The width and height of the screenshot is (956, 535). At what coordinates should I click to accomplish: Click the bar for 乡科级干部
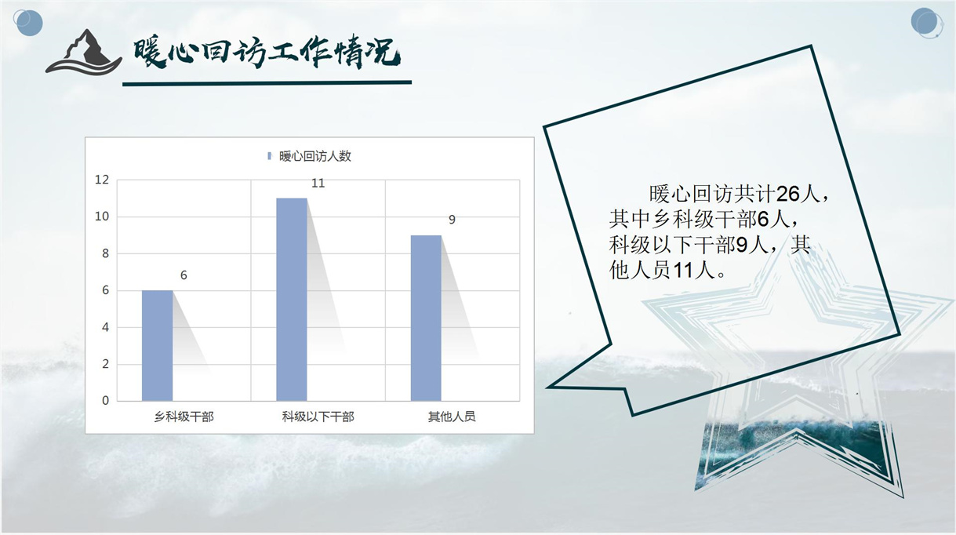(x=157, y=345)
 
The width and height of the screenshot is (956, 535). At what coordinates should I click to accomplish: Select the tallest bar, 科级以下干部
(x=292, y=300)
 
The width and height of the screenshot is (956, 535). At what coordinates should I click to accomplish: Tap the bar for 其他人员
(x=426, y=318)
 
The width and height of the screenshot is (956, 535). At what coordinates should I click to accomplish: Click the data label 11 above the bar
(x=318, y=184)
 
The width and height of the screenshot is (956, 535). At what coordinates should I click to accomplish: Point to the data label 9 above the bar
(x=452, y=220)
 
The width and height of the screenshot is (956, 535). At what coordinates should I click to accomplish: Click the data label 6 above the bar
(x=184, y=275)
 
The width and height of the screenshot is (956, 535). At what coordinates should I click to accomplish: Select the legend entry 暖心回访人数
(x=310, y=156)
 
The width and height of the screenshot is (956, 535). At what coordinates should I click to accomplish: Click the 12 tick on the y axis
(x=102, y=180)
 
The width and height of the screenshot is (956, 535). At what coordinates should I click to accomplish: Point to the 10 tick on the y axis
(x=102, y=217)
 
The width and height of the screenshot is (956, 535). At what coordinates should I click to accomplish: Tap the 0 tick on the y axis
(x=105, y=401)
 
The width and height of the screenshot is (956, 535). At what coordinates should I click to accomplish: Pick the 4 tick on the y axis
(x=105, y=327)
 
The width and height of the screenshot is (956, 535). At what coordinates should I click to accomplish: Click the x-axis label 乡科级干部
(x=184, y=417)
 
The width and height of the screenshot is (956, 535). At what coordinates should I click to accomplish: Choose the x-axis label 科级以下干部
(x=318, y=417)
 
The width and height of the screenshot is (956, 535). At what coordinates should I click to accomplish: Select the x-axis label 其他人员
(x=452, y=417)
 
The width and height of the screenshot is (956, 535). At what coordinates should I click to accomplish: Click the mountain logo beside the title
(x=84, y=52)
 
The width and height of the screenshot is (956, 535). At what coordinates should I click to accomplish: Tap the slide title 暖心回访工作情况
(x=267, y=53)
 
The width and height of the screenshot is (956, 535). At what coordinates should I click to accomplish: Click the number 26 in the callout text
(x=787, y=195)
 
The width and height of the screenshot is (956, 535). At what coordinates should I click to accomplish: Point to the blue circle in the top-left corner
(x=28, y=23)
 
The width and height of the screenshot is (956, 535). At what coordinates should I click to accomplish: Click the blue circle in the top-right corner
(x=927, y=23)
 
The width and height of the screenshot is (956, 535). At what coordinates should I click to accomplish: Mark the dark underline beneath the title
(x=267, y=83)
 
